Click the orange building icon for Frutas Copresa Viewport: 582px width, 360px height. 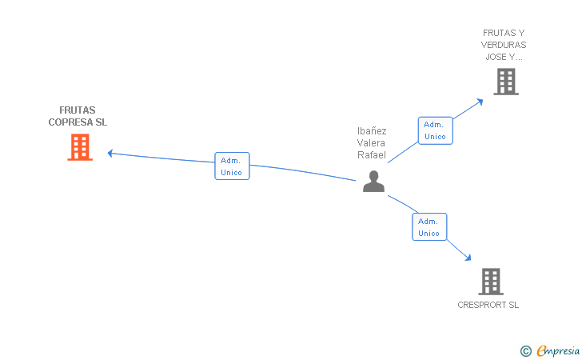pos(80,147)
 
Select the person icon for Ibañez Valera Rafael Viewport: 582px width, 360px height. pos(373,182)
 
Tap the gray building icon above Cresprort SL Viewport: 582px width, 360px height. pos(490,281)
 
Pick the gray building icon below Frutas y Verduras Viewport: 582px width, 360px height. pos(505,81)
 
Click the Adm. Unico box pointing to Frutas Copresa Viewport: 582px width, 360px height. pos(232,166)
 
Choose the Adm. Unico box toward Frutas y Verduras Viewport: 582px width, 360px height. pos(435,130)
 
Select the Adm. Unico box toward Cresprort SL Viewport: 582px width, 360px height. pos(429,226)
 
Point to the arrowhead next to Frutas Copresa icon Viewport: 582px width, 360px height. pos(110,152)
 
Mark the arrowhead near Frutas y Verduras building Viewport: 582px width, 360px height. pos(480,101)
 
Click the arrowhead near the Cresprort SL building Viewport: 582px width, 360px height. pos(468,258)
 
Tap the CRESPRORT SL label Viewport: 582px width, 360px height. pos(488,305)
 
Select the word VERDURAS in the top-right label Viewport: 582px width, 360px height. pos(504,45)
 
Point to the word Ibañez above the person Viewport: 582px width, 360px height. pos(372,130)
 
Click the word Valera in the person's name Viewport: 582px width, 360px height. pos(372,142)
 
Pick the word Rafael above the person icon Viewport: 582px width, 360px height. pos(372,154)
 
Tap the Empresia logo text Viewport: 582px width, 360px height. pos(558,350)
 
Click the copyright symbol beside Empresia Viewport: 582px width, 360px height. pos(525,350)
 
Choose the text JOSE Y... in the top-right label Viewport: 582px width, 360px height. pos(504,57)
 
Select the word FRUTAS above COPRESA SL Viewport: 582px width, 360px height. pos(77,110)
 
